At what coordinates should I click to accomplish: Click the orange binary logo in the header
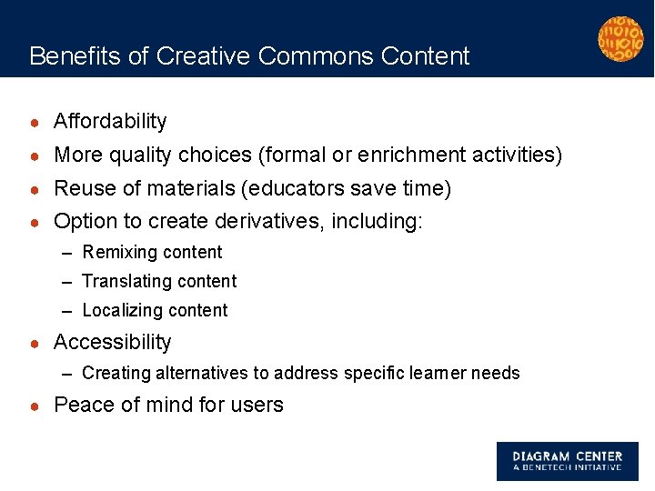[620, 39]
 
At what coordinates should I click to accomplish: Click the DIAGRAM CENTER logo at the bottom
[567, 461]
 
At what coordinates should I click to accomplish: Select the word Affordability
[110, 122]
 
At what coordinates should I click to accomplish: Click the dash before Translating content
[69, 282]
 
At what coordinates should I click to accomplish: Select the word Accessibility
[112, 343]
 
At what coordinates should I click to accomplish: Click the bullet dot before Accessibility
[35, 344]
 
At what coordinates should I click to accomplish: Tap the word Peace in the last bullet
[84, 406]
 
